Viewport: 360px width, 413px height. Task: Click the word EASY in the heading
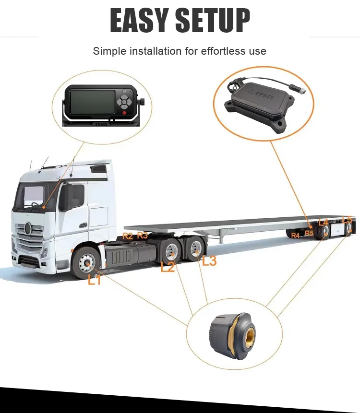coord(139,20)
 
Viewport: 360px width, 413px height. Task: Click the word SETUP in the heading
coord(213,20)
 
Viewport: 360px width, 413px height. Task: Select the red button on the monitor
coord(124,113)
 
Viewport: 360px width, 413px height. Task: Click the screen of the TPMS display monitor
coord(93,102)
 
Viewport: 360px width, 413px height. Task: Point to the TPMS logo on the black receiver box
coord(262,94)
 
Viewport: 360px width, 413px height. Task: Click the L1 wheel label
coord(95,280)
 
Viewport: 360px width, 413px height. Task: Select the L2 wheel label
coord(168,267)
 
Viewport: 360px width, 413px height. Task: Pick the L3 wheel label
coord(209,261)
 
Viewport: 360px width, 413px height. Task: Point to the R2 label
coord(128,236)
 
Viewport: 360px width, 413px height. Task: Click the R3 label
coord(143,235)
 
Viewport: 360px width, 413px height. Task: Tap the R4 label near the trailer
coord(295,235)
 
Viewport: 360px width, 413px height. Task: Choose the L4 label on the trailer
coord(323,222)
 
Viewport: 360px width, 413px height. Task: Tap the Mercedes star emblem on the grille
coord(28,228)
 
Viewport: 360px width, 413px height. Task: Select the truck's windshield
coord(34,197)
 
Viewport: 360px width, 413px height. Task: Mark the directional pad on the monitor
coord(123,101)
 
